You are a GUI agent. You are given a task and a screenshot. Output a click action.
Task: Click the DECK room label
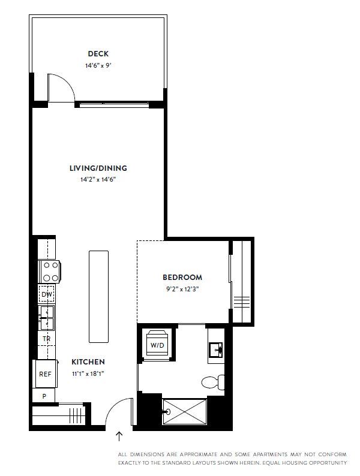pyautogui.click(x=98, y=54)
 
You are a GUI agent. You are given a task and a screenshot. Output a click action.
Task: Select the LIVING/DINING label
pyautogui.click(x=98, y=168)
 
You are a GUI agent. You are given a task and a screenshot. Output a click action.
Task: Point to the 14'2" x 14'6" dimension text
pyautogui.click(x=98, y=179)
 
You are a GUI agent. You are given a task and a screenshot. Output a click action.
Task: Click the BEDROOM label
pyautogui.click(x=182, y=278)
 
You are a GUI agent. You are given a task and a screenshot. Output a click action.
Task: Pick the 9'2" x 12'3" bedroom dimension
pyautogui.click(x=182, y=288)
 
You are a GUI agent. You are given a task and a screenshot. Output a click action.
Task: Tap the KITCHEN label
pyautogui.click(x=88, y=362)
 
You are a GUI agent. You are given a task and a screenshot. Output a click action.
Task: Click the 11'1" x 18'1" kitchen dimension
pyautogui.click(x=88, y=373)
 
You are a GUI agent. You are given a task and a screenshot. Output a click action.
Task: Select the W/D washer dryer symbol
pyautogui.click(x=157, y=345)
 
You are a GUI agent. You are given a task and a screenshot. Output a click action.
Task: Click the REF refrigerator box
pyautogui.click(x=44, y=373)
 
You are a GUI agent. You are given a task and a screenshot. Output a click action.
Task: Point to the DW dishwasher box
pyautogui.click(x=46, y=294)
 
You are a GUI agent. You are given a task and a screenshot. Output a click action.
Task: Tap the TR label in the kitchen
pyautogui.click(x=46, y=339)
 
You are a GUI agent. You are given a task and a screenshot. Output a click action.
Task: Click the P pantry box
pyautogui.click(x=44, y=396)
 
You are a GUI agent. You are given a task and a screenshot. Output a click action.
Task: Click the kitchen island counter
pyautogui.click(x=98, y=296)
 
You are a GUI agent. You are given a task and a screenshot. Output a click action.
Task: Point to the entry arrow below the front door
pyautogui.click(x=119, y=436)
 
